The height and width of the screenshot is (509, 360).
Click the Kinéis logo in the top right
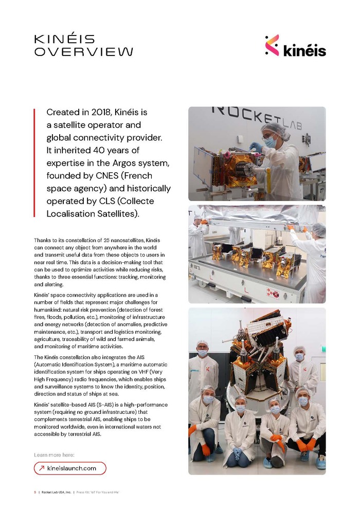click(295, 46)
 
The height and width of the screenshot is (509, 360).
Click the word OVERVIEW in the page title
click(83, 52)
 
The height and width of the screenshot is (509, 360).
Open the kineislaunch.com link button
click(70, 468)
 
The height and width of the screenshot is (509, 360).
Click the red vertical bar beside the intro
click(34, 162)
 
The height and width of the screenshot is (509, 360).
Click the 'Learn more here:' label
click(54, 455)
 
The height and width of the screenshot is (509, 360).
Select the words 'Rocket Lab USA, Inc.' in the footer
click(56, 492)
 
